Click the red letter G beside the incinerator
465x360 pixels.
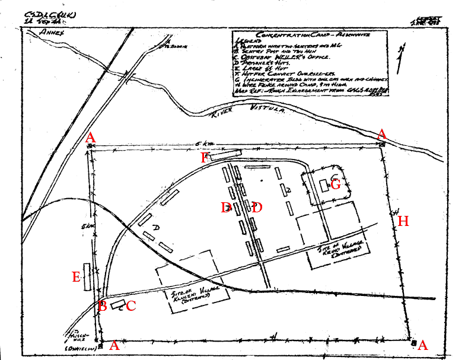tap(336, 184)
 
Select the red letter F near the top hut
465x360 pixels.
tap(205, 158)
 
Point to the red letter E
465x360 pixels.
tap(76, 277)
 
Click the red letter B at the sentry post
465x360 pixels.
tap(103, 306)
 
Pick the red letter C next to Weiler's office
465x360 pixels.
tap(131, 306)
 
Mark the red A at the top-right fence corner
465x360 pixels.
tap(383, 133)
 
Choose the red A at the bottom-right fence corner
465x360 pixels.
tap(423, 345)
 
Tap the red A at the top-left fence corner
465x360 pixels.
tap(90, 138)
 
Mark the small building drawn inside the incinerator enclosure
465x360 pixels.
tap(324, 186)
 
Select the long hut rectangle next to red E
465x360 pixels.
tap(88, 277)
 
